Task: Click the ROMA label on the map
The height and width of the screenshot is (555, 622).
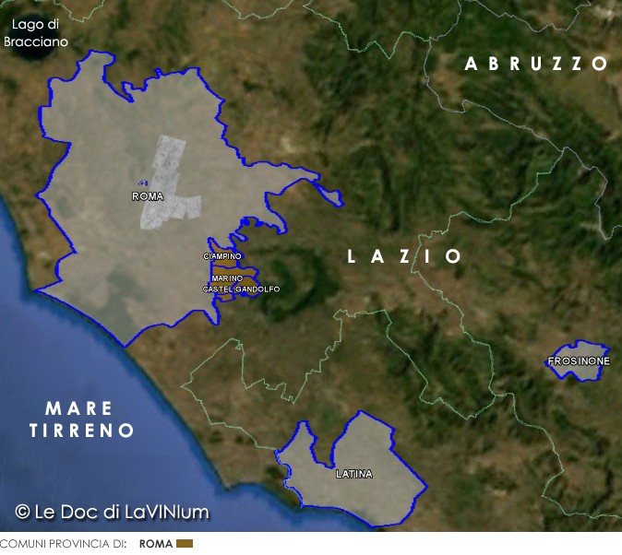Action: tap(148, 196)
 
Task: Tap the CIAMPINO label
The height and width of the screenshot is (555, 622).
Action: tap(222, 255)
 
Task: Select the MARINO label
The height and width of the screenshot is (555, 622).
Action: tap(227, 277)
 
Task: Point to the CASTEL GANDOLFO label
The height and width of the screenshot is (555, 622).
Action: tap(241, 289)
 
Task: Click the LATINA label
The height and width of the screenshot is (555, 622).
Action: tap(354, 474)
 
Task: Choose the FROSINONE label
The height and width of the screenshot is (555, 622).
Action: tap(579, 360)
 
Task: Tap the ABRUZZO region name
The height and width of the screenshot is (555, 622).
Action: tap(536, 64)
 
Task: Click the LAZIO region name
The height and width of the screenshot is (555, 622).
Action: tap(404, 256)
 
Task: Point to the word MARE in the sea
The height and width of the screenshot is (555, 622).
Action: tap(79, 408)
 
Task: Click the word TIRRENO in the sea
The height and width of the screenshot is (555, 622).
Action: tap(82, 431)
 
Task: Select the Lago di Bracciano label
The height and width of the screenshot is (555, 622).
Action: tap(36, 33)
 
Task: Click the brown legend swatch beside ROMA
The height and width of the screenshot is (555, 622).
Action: tap(185, 544)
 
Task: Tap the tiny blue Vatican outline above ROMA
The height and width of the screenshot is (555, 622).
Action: tap(141, 182)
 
